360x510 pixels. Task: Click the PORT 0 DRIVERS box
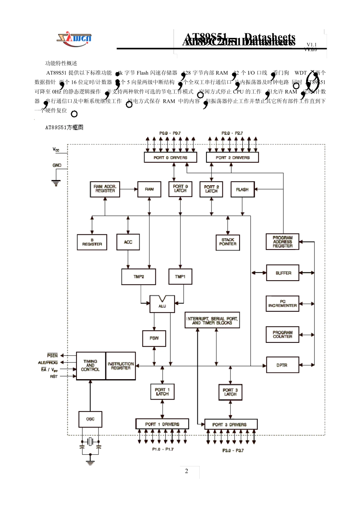pos(170,157)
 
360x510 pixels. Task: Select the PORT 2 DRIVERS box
pos(232,157)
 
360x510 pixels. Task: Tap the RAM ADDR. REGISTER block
pos(105,189)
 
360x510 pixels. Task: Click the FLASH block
pos(242,189)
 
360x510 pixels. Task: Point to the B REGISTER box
pos(92,242)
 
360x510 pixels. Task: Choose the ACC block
pos(128,242)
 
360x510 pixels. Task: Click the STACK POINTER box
pos(228,242)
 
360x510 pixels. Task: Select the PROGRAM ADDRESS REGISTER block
pos(283,242)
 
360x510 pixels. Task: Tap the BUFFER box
pos(283,273)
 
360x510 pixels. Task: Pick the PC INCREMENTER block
pos(283,304)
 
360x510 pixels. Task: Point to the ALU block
pos(162,305)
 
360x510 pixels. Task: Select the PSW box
pos(154,338)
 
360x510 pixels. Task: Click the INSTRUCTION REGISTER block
pos(121,366)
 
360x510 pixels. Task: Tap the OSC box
pos(90,419)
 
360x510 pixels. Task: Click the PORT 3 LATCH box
pos(230,392)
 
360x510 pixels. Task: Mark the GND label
pos(57,165)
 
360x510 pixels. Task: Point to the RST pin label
pos(54,377)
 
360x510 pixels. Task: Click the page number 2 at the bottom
pos(186,471)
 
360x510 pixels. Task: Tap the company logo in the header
pos(74,39)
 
